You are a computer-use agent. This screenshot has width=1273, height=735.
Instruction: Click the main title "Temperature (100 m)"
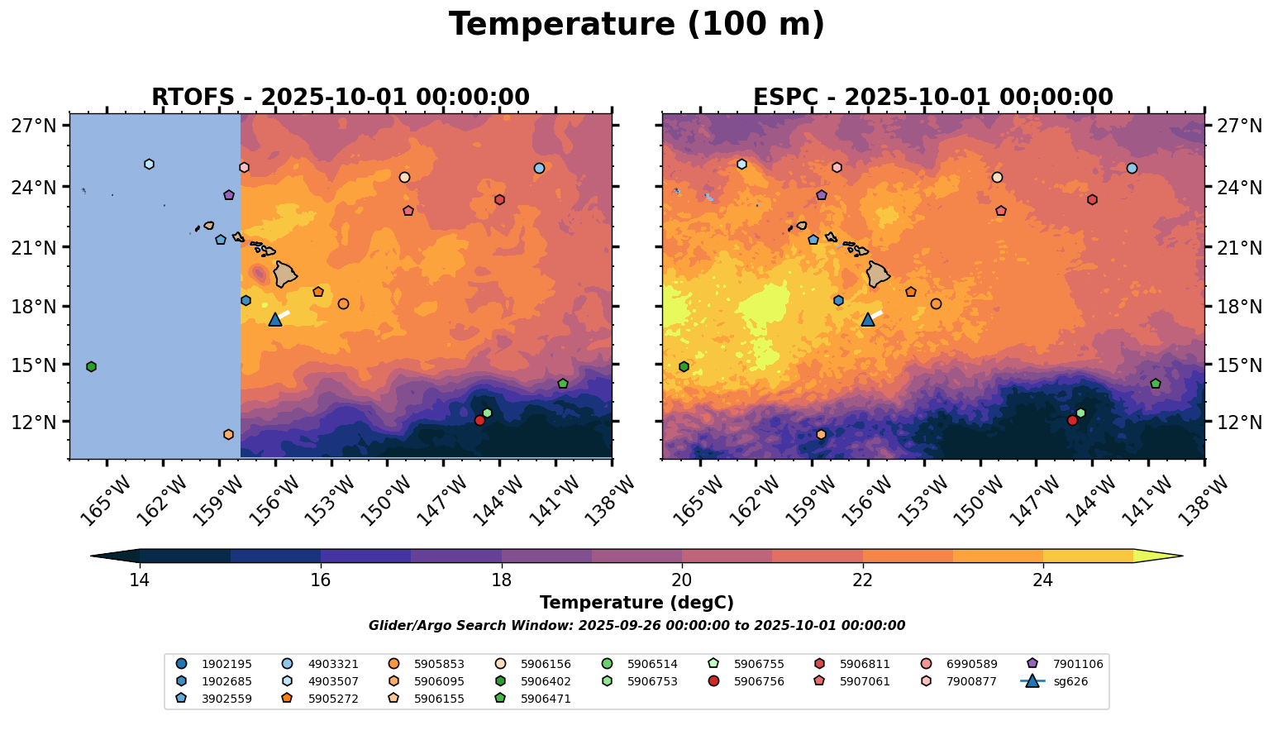click(x=636, y=25)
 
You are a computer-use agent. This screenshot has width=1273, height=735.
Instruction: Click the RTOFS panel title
click(x=340, y=98)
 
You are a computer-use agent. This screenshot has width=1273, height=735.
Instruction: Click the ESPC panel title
click(x=932, y=98)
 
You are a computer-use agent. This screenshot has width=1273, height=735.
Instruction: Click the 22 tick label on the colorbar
click(x=862, y=580)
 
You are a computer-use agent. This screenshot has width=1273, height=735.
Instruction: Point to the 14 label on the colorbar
click(x=139, y=580)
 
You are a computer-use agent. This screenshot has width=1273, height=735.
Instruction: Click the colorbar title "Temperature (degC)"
click(x=636, y=603)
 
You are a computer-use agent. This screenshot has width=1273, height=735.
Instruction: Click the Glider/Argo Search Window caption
click(x=636, y=626)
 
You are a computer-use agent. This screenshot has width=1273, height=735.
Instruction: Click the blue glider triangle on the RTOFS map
click(x=275, y=319)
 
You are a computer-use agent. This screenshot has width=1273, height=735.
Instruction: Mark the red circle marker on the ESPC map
click(x=1072, y=420)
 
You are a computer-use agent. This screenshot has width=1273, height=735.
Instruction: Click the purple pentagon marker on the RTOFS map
click(x=229, y=195)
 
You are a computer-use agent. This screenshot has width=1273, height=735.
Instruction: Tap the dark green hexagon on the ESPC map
click(x=684, y=366)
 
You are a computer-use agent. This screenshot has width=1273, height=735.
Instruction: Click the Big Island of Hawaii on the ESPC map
click(x=877, y=274)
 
